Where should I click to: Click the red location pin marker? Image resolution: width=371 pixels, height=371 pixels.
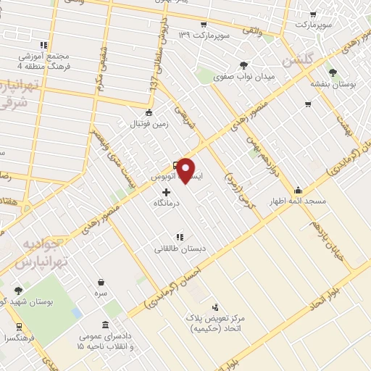tap(186, 170)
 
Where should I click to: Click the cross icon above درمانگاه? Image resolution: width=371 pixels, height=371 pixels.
tap(168, 193)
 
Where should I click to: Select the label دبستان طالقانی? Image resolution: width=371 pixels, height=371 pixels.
tap(180, 249)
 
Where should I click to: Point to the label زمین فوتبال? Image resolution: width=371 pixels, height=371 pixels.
tap(150, 124)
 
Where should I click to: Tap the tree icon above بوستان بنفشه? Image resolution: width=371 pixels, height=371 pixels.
tap(333, 72)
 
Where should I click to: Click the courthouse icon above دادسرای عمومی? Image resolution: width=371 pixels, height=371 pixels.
tap(107, 324)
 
